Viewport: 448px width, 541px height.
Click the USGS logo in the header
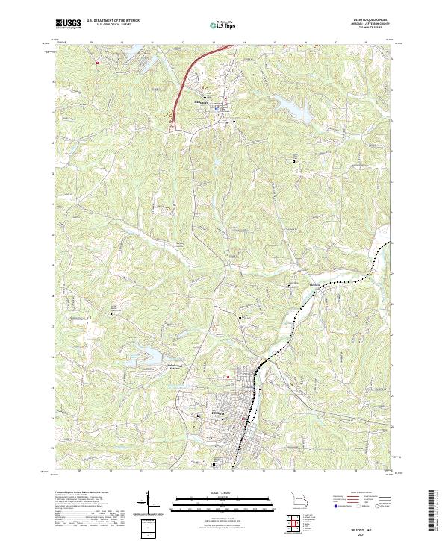[x=68, y=25]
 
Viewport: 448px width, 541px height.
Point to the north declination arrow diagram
[x=149, y=501]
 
